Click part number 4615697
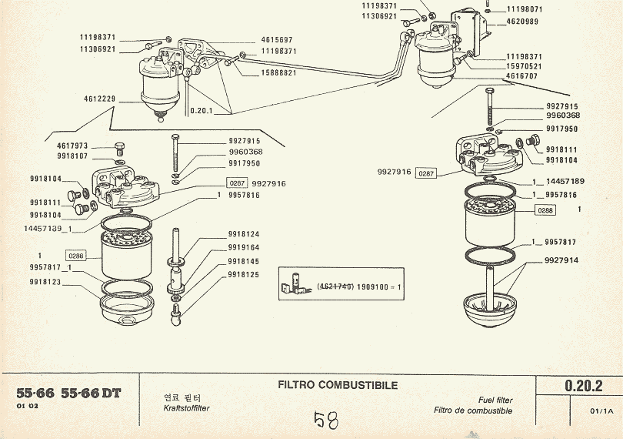pos(278,39)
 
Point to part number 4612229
pos(100,99)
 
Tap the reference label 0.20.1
pos(202,110)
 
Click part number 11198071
pos(525,10)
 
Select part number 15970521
pos(524,67)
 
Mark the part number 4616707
pos(524,77)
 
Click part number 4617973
pos(72,145)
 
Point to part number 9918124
pos(244,234)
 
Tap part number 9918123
pos(46,283)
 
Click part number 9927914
pos(561,260)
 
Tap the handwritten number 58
pos(326,421)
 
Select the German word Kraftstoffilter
pos(187,408)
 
